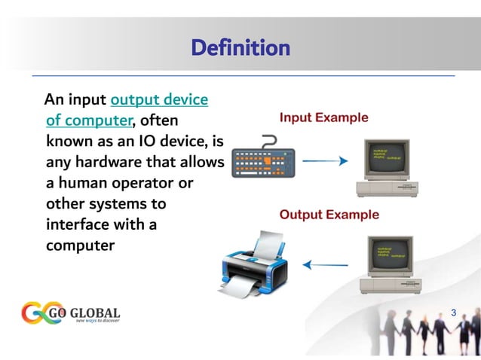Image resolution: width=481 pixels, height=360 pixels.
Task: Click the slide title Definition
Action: [x=240, y=49]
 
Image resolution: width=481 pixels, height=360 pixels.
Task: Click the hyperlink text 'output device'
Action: [x=159, y=99]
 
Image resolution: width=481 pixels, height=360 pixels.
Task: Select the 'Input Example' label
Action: [x=324, y=118]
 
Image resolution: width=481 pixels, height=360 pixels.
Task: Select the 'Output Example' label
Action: [x=329, y=215]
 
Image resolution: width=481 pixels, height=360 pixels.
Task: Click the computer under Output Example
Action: [x=390, y=264]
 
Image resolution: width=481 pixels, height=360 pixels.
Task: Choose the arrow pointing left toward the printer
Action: [x=325, y=264]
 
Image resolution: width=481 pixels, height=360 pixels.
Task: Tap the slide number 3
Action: [x=453, y=312]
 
